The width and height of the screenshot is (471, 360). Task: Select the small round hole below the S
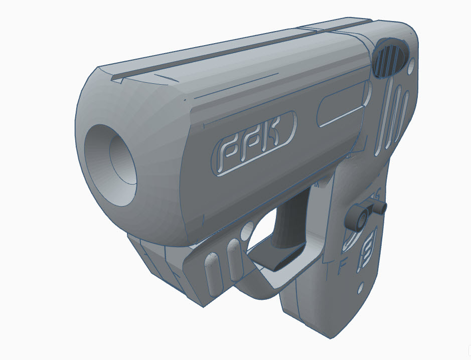coord(360,289)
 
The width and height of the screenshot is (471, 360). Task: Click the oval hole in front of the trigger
coord(246,233)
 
